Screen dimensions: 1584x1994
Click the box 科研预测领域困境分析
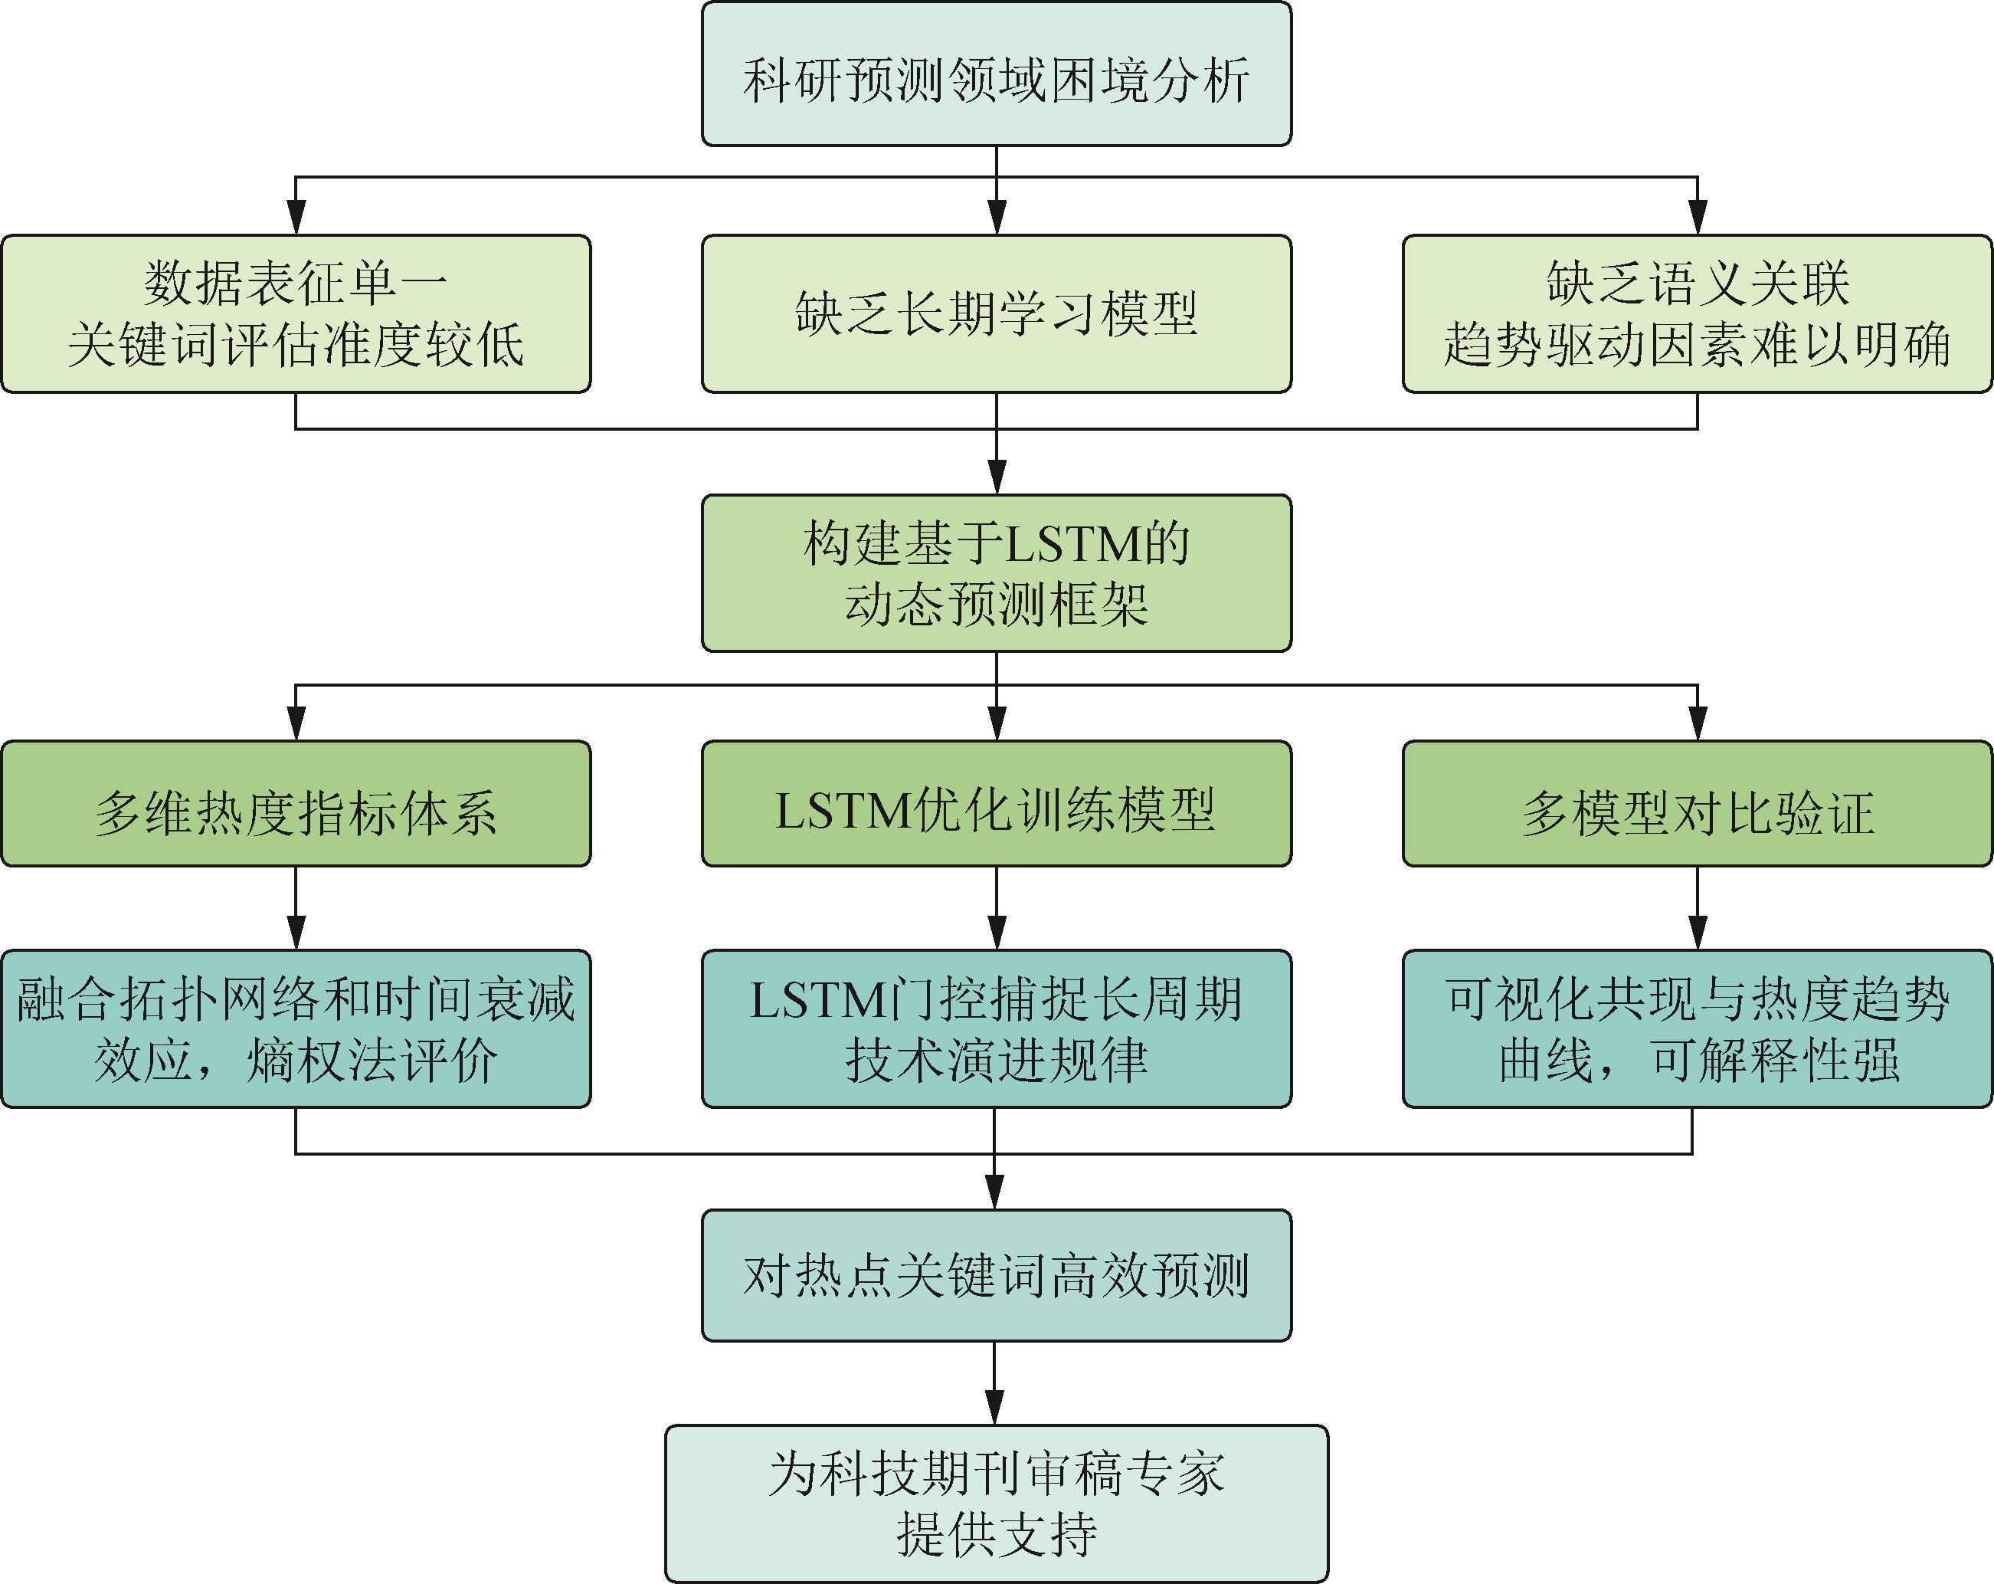996,74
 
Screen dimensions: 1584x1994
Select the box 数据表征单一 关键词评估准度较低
296,313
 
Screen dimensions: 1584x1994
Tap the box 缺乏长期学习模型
996,313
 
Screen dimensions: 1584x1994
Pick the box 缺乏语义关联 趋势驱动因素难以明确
1697,313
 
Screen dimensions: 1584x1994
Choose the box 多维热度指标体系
296,803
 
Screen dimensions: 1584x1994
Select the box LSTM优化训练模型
996,803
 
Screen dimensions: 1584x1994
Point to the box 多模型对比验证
1697,803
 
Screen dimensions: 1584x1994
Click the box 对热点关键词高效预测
996,1276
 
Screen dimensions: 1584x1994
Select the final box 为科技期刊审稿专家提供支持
996,1504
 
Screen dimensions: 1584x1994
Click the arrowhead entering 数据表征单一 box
296,218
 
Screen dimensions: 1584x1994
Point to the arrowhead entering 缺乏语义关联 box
1697,218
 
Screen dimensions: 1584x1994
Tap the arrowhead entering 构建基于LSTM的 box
996,478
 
